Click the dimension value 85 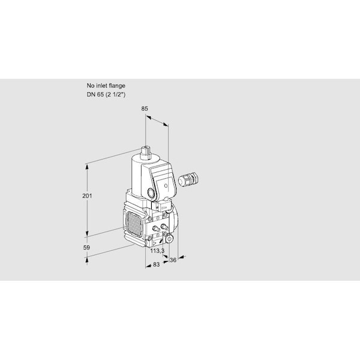[145, 109]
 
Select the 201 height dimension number [87, 196]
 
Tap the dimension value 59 [86, 247]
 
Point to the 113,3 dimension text [157, 251]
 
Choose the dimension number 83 [156, 265]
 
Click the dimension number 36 [173, 260]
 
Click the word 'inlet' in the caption [102, 86]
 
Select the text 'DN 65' [95, 94]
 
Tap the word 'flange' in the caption [117, 86]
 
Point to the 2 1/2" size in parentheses [115, 95]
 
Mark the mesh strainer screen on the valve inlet [134, 224]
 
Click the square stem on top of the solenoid [145, 152]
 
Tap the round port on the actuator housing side [151, 192]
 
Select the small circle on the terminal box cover [166, 185]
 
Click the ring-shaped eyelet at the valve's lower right [170, 239]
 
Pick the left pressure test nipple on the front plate [156, 228]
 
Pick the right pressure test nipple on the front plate [164, 227]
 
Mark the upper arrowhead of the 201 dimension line [87, 167]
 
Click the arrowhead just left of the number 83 [149, 266]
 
